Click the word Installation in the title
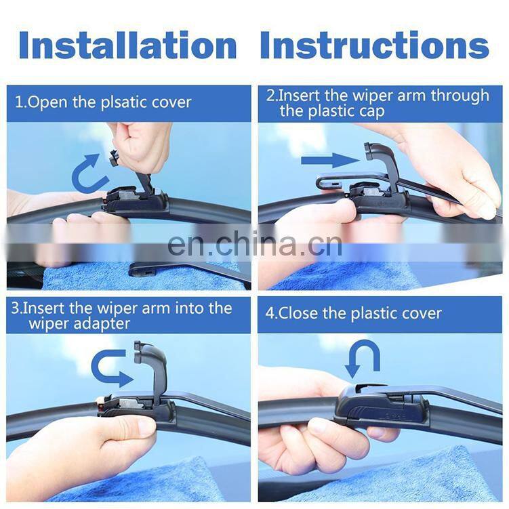[x=128, y=45]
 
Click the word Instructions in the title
[x=374, y=45]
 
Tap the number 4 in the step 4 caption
[x=270, y=314]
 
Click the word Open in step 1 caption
[x=47, y=103]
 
